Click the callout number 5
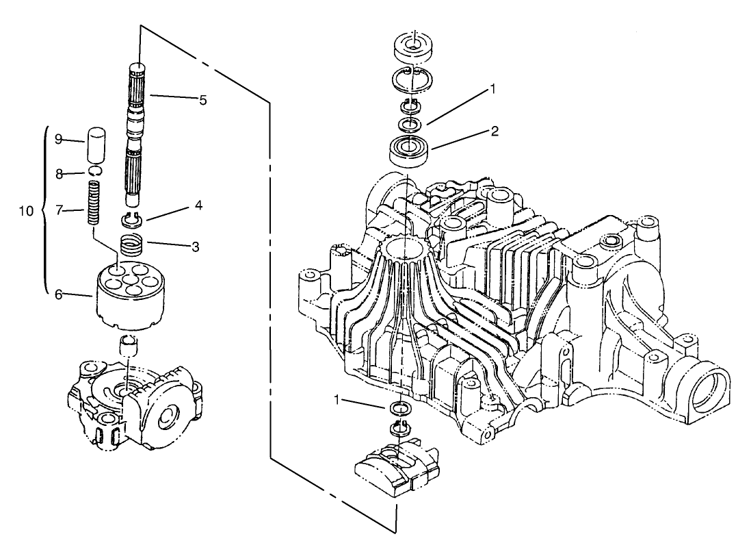202,100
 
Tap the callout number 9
59,139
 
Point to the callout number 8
59,175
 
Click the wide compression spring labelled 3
132,244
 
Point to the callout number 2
495,132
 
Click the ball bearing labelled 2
410,149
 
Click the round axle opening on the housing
706,395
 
